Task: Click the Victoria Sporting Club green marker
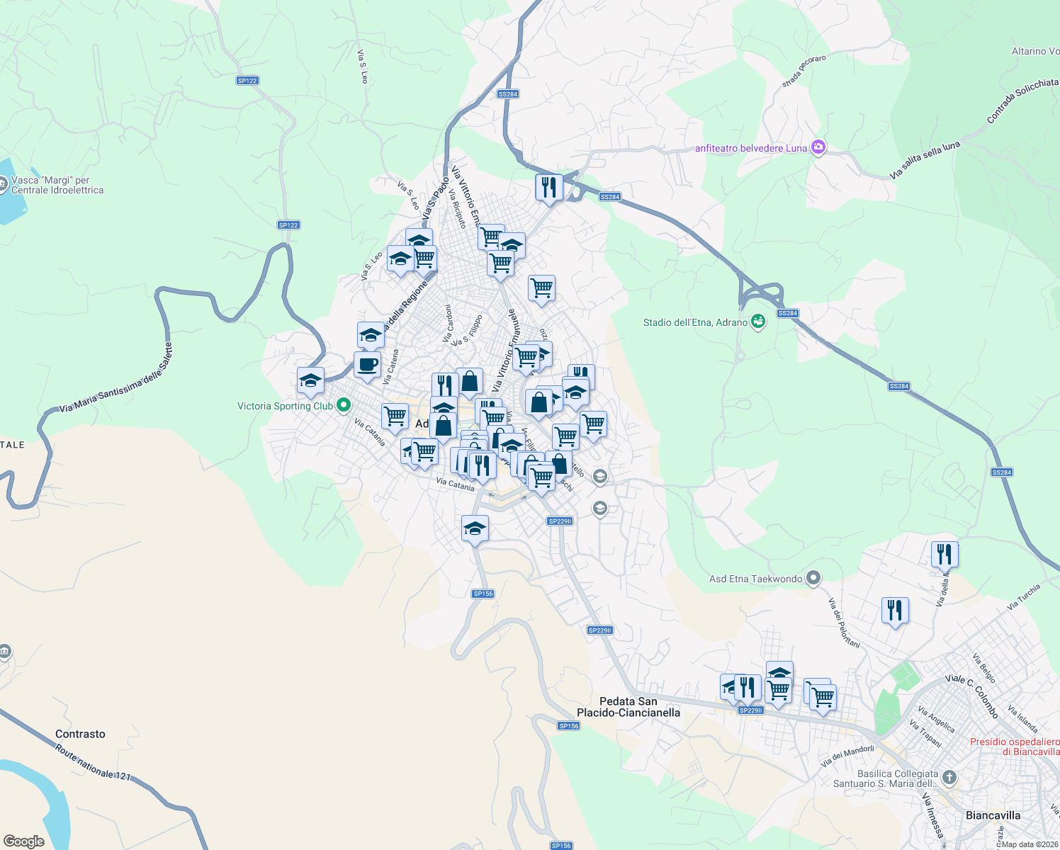click(x=344, y=405)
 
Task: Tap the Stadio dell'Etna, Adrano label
click(x=695, y=322)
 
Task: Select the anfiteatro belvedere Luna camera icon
click(x=818, y=147)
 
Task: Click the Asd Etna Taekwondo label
click(x=755, y=579)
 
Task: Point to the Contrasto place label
click(x=80, y=734)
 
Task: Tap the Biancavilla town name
click(x=993, y=815)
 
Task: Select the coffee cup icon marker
click(x=368, y=365)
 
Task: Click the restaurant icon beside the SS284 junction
click(x=549, y=188)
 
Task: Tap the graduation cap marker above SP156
click(x=475, y=528)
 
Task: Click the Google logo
click(x=24, y=841)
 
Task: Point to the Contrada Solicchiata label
click(x=1022, y=100)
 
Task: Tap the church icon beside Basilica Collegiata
click(x=949, y=778)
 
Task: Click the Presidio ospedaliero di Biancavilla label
click(x=1014, y=747)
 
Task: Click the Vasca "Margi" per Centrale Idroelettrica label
click(x=57, y=185)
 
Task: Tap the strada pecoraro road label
click(x=804, y=72)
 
